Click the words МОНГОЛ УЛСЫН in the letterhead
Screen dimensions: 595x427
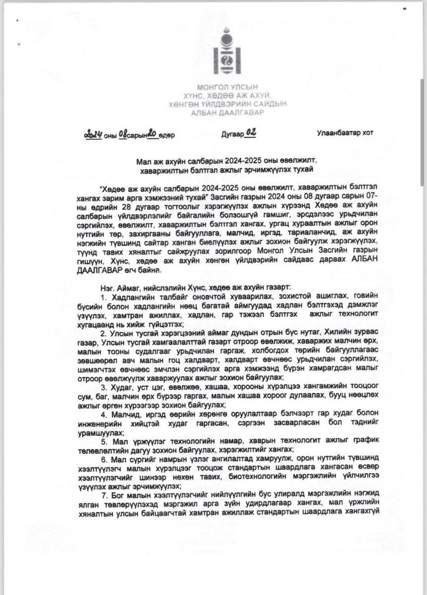click(229, 87)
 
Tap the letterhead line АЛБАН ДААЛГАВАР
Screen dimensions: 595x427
click(229, 113)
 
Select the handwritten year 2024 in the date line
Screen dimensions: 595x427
click(93, 134)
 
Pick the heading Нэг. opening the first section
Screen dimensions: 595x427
click(107, 287)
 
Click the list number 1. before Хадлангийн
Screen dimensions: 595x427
click(104, 297)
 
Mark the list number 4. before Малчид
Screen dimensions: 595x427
click(104, 414)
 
